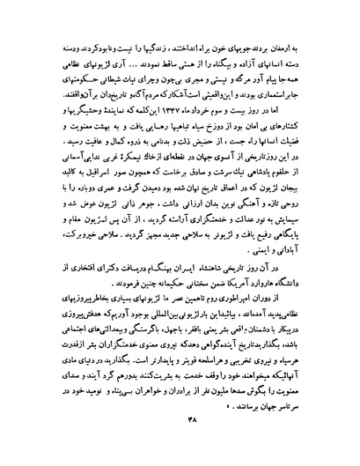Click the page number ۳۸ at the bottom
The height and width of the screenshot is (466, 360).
[x=181, y=445]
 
